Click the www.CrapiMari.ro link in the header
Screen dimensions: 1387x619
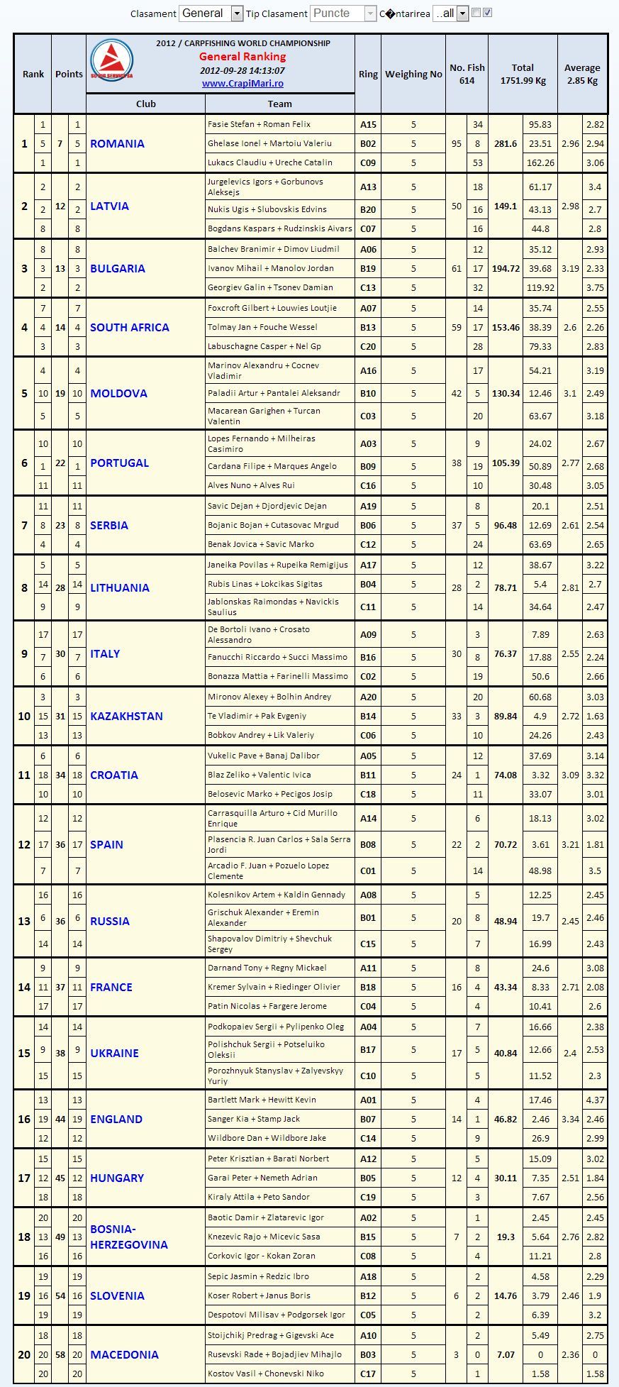click(x=242, y=84)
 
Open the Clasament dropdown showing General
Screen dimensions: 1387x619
click(x=211, y=13)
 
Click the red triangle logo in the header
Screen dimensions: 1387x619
click(x=111, y=60)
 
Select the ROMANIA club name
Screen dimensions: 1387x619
click(x=117, y=144)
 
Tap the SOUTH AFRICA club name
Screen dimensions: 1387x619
click(x=129, y=328)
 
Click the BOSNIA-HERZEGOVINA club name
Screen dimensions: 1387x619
click(x=128, y=1237)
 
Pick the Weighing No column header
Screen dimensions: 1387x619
click(x=413, y=74)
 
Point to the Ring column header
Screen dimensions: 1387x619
click(x=368, y=74)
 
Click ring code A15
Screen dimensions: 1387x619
click(x=368, y=125)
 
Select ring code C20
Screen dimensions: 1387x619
click(x=368, y=347)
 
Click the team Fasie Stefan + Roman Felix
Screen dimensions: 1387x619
click(x=259, y=125)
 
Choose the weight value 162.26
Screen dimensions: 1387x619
click(x=540, y=163)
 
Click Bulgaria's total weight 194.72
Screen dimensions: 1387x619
click(x=506, y=269)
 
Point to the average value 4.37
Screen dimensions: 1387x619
click(x=595, y=1100)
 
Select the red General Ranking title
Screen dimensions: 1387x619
click(x=242, y=57)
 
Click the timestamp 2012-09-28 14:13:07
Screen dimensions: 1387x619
click(x=242, y=71)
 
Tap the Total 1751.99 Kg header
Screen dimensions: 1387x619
click(x=523, y=74)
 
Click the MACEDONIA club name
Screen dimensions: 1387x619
click(x=124, y=1354)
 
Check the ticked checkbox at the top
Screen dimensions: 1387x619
click(x=488, y=13)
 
